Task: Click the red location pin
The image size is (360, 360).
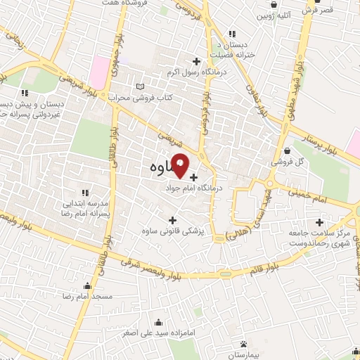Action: tap(180, 165)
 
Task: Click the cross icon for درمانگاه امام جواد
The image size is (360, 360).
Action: tap(193, 176)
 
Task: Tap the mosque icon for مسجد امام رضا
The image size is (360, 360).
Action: tap(88, 286)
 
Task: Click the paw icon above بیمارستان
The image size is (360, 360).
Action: tap(243, 343)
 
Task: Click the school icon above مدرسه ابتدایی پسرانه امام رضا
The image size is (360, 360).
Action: tap(85, 193)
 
